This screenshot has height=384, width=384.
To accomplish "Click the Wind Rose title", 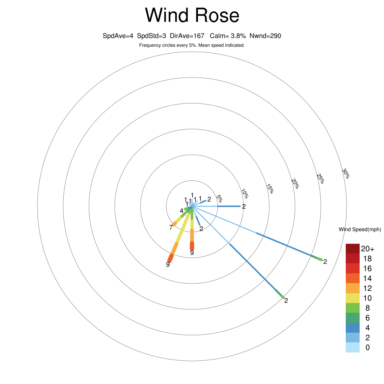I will click(x=192, y=16).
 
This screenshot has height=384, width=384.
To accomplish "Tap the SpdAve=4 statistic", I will click(x=118, y=36).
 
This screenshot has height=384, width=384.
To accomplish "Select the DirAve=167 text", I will click(x=187, y=36).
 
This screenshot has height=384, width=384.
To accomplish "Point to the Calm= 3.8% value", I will click(x=228, y=36).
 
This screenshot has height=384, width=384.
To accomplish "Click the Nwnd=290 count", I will click(x=265, y=36).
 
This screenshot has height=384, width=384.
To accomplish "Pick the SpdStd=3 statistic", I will click(x=151, y=36).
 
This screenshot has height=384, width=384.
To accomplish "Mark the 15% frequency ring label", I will click(x=270, y=188).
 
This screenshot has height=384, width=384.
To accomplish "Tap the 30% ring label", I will click(x=346, y=173).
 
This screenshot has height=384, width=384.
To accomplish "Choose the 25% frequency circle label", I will click(x=320, y=178).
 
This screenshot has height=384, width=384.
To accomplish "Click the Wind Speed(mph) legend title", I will click(x=360, y=229).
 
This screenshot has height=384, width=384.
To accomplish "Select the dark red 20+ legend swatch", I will click(x=352, y=249).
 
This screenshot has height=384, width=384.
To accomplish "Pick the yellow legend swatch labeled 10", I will click(x=352, y=298).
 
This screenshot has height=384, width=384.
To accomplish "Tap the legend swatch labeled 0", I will click(x=352, y=348).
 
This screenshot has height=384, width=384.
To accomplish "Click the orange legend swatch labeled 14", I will click(x=352, y=278).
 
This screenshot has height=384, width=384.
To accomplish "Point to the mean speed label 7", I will click(x=171, y=227).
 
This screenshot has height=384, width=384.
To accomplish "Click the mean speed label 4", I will click(x=181, y=211).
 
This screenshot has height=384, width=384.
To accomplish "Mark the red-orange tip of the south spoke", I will click(x=192, y=246).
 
